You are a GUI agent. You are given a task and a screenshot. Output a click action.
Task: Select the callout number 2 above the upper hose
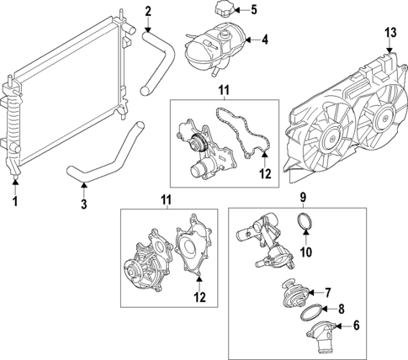click(147, 12)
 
